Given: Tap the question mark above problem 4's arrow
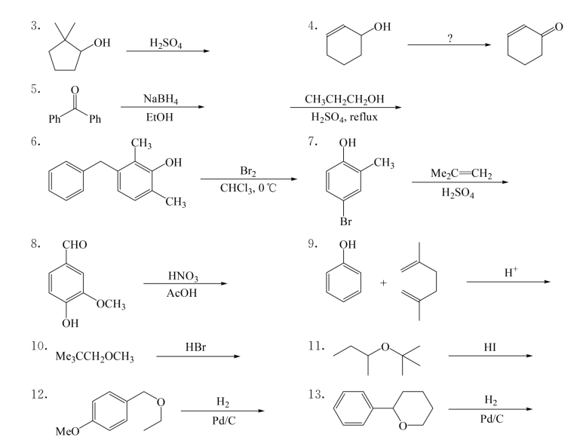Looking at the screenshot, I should point(450,38).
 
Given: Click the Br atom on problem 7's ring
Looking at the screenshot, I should point(345,222).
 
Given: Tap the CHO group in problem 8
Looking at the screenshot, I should point(76,246).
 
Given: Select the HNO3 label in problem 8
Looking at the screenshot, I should point(184,277).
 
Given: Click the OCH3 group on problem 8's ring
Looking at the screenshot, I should point(110,304).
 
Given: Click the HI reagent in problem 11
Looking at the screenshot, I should point(489,347).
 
